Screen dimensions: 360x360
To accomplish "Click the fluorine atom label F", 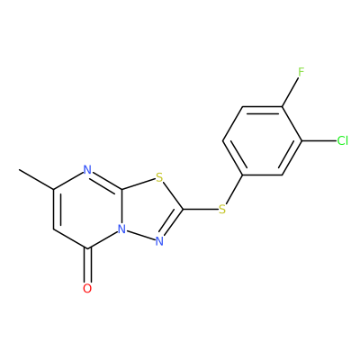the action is tap(301, 72).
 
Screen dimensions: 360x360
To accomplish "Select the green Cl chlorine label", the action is tap(343, 140).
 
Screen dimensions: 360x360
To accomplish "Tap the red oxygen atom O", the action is tap(87, 288).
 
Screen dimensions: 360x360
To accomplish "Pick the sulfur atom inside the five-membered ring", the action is tap(159, 177).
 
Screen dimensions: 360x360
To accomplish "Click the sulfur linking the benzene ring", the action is tap(222, 209).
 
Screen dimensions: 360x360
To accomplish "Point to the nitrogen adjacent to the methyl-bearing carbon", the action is tap(87, 170).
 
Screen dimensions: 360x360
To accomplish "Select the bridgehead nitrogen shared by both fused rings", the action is tap(121, 229).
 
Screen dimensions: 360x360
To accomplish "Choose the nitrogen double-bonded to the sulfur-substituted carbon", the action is tap(159, 241).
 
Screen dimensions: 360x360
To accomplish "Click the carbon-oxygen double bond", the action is tap(87, 265).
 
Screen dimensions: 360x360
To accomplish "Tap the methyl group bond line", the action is tap(36, 179).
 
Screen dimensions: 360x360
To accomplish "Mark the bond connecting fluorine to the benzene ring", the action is tap(290, 92).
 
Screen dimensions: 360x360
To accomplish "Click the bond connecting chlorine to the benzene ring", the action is tap(319, 140).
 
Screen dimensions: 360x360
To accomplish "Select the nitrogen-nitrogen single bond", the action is tap(141, 235).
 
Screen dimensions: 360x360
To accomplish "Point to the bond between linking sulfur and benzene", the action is tap(234, 189).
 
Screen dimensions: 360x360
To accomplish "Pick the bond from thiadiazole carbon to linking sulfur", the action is tap(200, 209).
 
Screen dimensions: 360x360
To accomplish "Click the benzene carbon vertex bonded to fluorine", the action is tap(282, 106).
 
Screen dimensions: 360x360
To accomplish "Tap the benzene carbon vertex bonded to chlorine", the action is tap(301, 140).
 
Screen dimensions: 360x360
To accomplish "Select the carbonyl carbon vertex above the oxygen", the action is tap(87, 248).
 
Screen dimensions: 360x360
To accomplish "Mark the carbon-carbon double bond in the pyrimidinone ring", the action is tap(57, 210).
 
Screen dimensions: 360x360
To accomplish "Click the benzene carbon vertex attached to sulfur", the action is tap(242, 175).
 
